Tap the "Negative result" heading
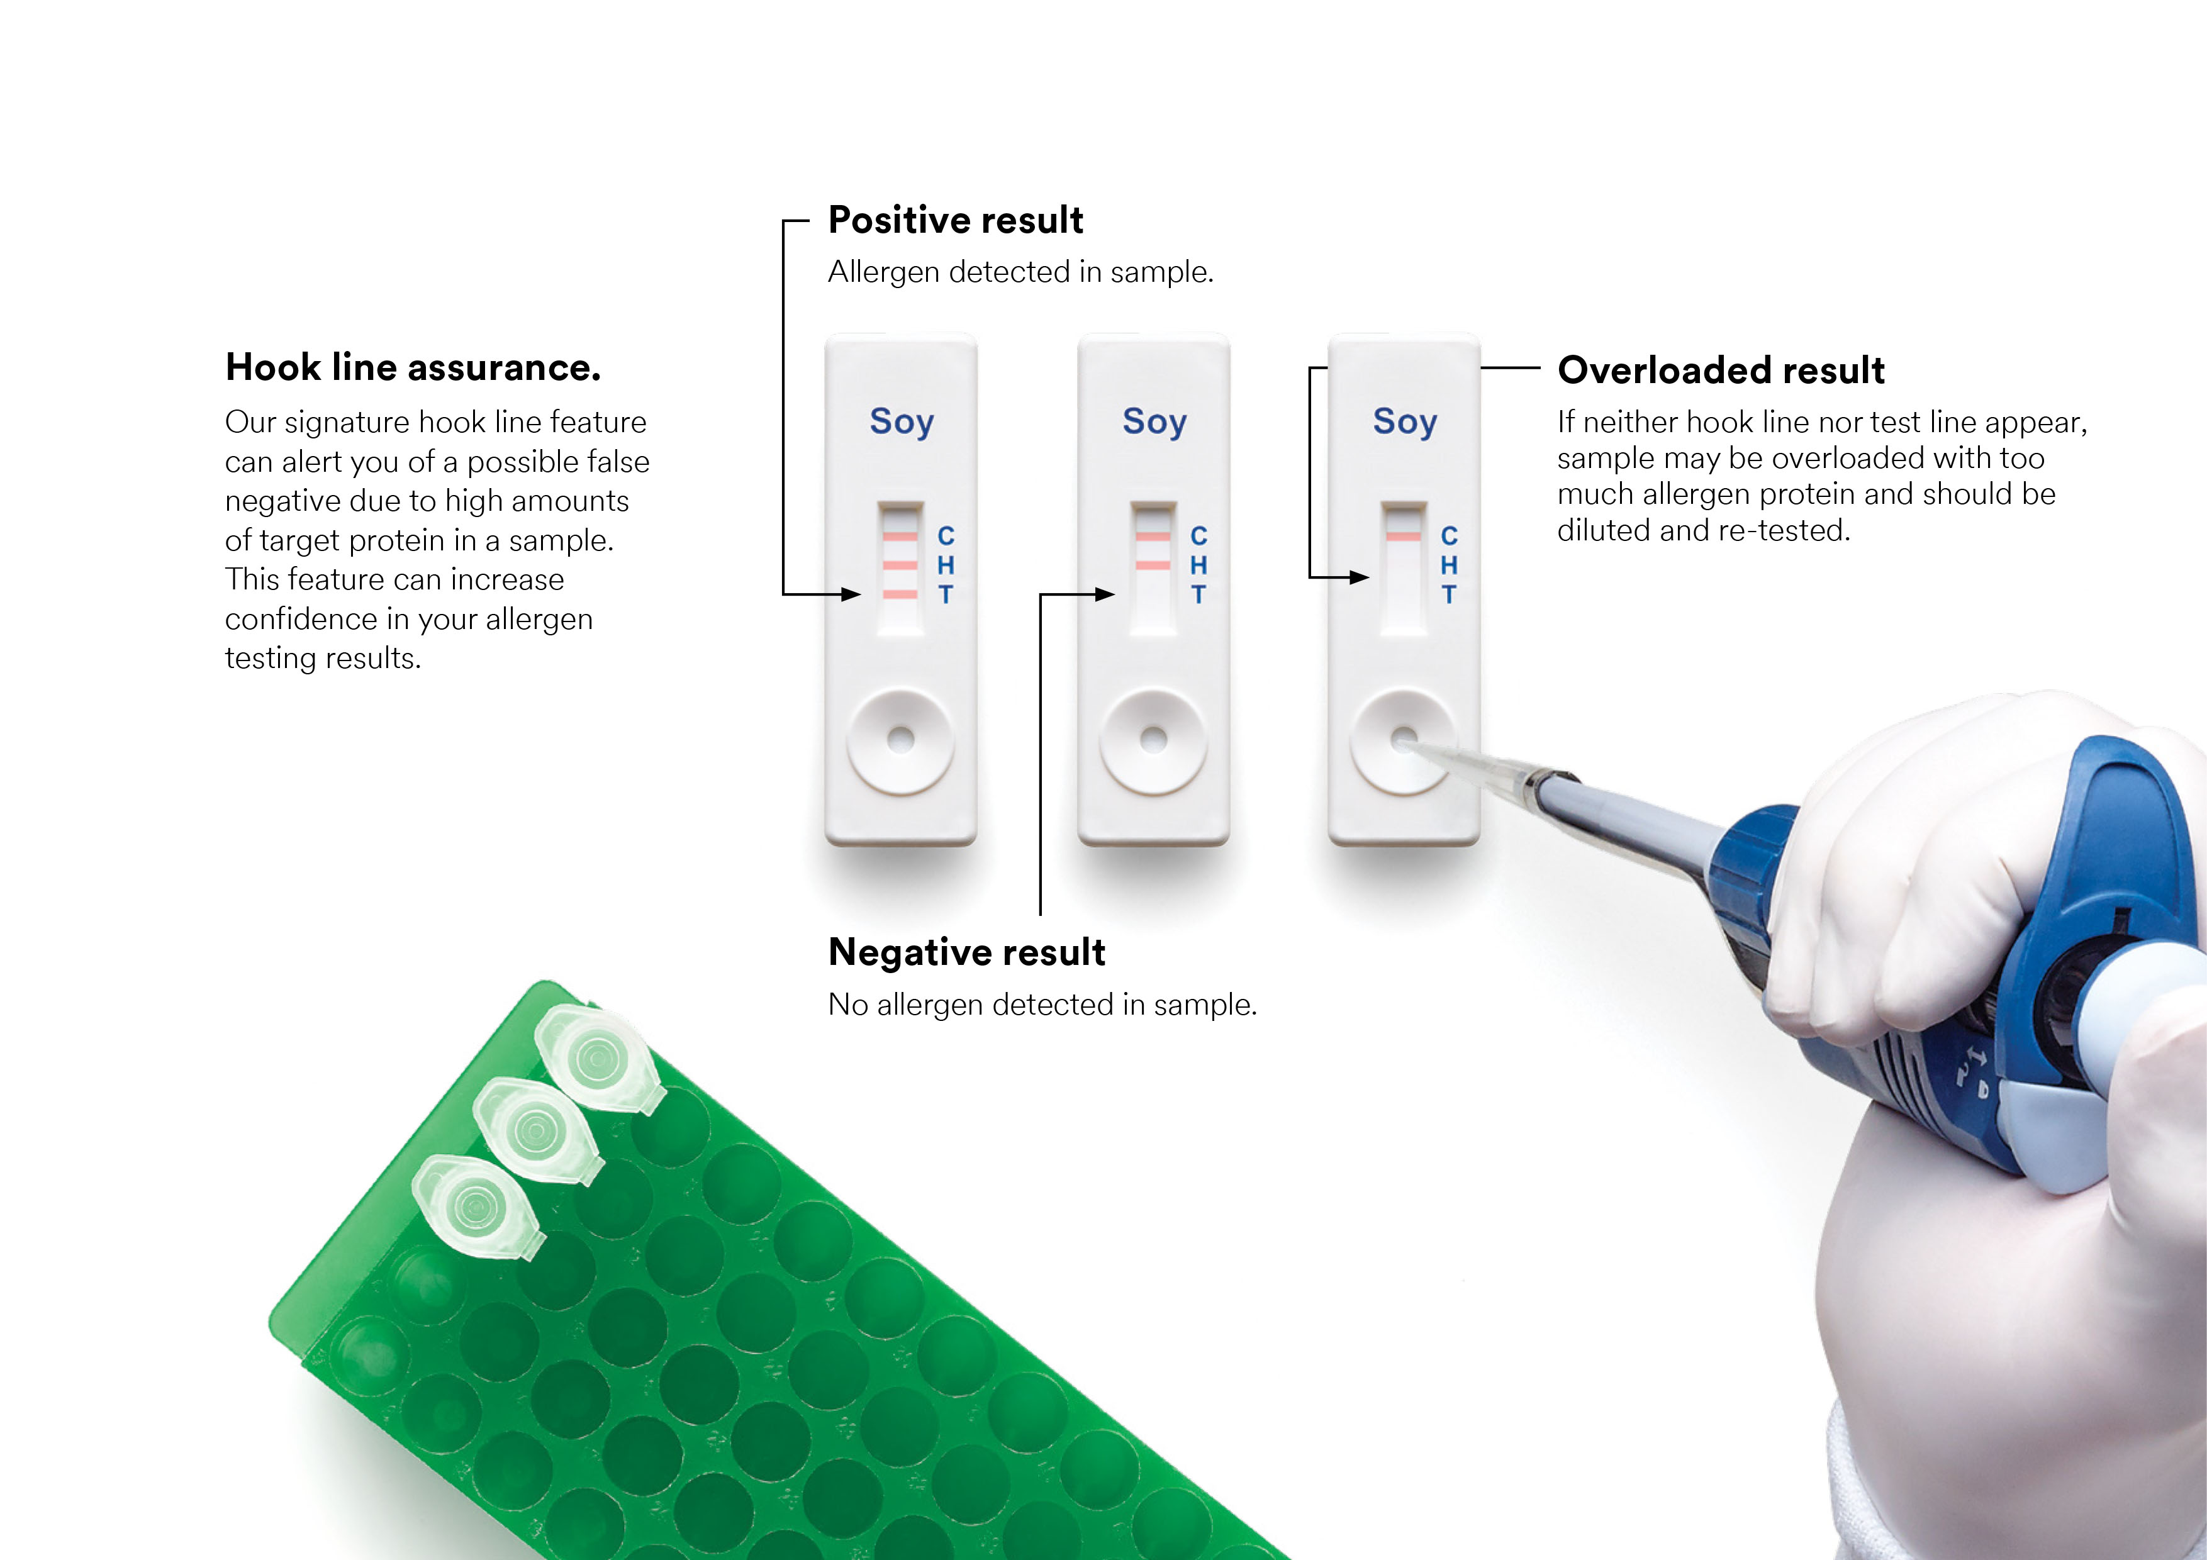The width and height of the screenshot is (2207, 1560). pos(966,952)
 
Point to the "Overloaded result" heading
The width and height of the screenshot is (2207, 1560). pos(1721,370)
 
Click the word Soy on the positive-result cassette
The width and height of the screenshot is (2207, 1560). pos(901,422)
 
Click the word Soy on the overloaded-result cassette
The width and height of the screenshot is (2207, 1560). pos(1404,422)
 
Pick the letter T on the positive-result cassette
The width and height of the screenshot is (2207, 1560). pos(946,595)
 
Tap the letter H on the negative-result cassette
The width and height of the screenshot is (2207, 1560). pos(1198,565)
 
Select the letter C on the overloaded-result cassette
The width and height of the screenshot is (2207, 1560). pos(1449,535)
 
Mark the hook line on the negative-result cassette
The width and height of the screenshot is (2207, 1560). pos(1153,565)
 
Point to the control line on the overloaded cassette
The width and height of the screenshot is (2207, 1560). pos(1404,535)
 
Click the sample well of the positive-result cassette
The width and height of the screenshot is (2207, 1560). pos(901,740)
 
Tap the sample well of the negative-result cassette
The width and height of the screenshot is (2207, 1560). pos(1153,740)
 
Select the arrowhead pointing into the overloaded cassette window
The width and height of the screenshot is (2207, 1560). pos(1358,577)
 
